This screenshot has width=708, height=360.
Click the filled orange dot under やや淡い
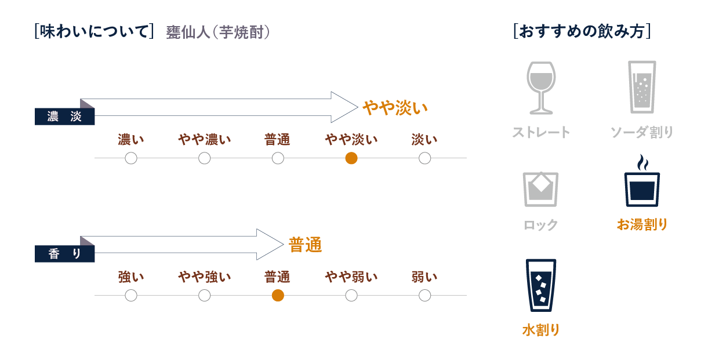351,158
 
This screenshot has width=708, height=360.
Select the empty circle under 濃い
131,158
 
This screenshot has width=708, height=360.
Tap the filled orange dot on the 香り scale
278,296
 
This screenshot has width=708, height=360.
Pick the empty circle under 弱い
424,296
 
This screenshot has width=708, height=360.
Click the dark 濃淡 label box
64,117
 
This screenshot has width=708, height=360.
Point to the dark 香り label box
64,254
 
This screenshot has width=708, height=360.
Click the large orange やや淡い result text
395,108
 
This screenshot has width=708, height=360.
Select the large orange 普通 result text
306,245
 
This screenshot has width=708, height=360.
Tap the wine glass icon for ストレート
540,88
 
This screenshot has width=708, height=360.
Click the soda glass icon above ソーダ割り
642,88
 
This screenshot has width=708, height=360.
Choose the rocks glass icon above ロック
540,189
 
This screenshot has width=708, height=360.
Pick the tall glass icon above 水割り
540,285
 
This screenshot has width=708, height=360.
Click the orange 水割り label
540,330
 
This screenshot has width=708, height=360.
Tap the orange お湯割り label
642,224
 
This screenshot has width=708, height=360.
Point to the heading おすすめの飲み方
582,31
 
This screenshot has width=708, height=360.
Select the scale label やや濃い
204,140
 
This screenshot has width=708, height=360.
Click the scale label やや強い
204,277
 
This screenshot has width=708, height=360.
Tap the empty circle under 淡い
424,158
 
